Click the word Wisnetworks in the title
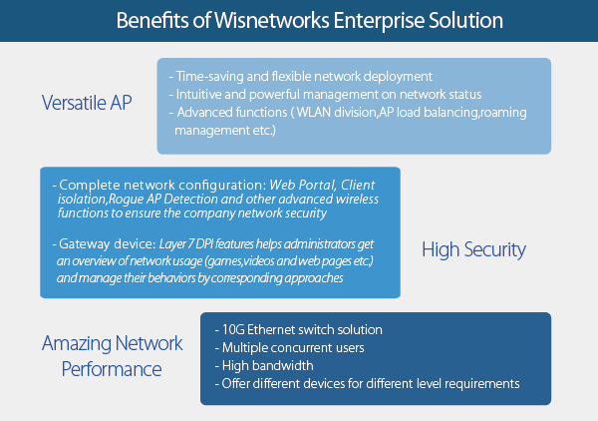[x=272, y=20]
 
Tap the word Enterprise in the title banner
[x=379, y=21]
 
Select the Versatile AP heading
[x=87, y=103]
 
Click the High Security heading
[x=473, y=250]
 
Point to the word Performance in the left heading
[x=112, y=369]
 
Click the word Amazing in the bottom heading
[x=77, y=343]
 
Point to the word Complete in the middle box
[x=90, y=186]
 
